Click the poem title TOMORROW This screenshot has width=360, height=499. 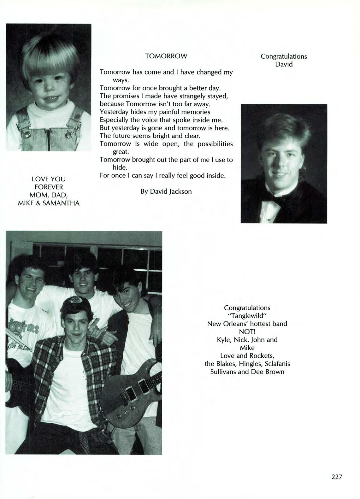pos(166,56)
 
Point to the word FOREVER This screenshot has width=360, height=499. pos(49,187)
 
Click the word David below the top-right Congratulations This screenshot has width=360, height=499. pos(283,64)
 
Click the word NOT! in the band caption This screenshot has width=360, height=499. pos(247,332)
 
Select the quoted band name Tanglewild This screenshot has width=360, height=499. pos(247,315)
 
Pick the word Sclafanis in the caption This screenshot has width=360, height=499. pos(277,364)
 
